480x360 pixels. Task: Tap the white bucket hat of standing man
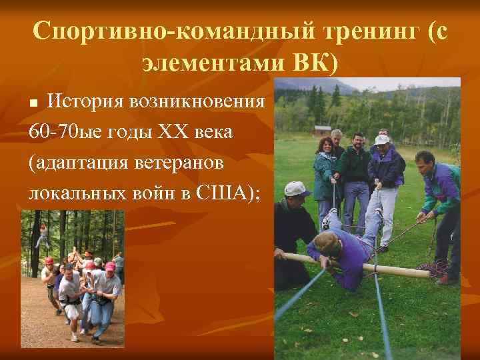pos(381,140)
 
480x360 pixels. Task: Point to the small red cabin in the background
pos(323,129)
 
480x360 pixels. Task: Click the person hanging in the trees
pos(43,233)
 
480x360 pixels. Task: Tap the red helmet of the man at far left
pos(48,261)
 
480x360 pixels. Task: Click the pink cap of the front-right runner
pos(110,267)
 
